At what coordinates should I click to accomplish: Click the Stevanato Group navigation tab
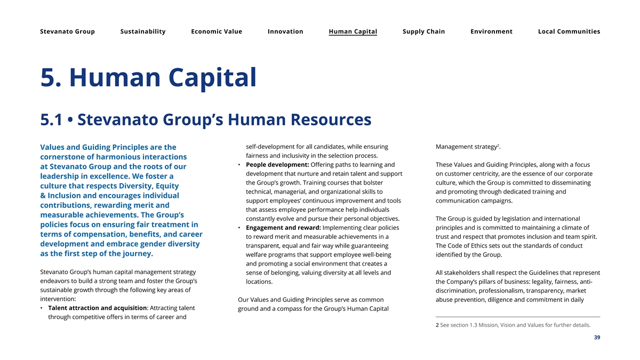coord(67,31)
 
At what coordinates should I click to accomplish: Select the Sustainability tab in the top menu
coord(143,31)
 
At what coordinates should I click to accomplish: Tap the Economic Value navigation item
coord(217,31)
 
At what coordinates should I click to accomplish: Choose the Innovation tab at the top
coord(285,31)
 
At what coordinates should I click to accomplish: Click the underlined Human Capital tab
coord(353,31)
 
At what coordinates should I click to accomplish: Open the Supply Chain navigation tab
coord(423,31)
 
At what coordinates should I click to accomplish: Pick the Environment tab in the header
coord(491,31)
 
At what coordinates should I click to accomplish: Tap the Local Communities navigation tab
coord(569,31)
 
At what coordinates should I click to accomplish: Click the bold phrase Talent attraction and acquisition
coord(97,308)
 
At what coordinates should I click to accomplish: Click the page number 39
coord(597,337)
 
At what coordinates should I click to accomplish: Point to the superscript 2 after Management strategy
coord(498,145)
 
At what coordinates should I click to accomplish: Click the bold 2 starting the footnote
coord(437,325)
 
